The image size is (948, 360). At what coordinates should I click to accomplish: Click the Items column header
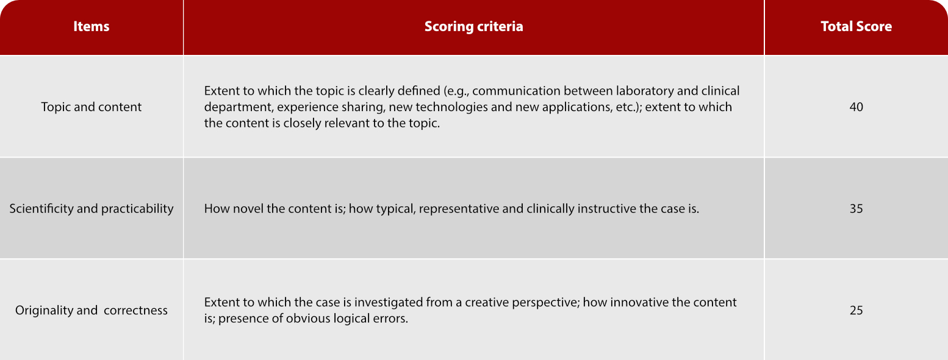click(x=92, y=26)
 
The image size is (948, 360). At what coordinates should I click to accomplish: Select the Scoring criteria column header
click(x=473, y=26)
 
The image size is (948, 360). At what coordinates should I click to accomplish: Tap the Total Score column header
click(x=856, y=26)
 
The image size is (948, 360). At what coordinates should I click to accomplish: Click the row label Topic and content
click(x=92, y=107)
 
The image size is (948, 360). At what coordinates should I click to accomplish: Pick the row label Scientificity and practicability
click(x=92, y=209)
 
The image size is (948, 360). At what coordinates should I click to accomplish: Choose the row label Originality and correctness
click(x=92, y=311)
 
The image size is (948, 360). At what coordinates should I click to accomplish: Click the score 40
click(x=856, y=107)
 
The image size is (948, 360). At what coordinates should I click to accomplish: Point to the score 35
click(x=856, y=209)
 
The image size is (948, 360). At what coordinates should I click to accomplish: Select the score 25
click(x=856, y=311)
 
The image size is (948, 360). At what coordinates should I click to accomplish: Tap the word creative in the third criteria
click(x=487, y=303)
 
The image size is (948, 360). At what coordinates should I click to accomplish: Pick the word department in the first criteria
click(x=239, y=107)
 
